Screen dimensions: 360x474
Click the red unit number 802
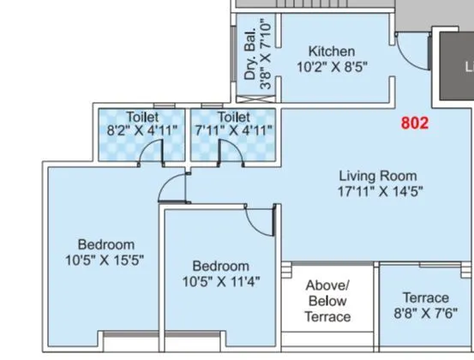(415, 123)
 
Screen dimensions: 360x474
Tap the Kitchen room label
(332, 51)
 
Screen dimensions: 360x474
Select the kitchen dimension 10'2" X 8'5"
(332, 67)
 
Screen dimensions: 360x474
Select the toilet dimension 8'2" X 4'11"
(141, 131)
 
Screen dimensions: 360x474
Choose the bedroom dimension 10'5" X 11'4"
(220, 281)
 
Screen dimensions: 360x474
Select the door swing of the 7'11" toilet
(229, 151)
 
